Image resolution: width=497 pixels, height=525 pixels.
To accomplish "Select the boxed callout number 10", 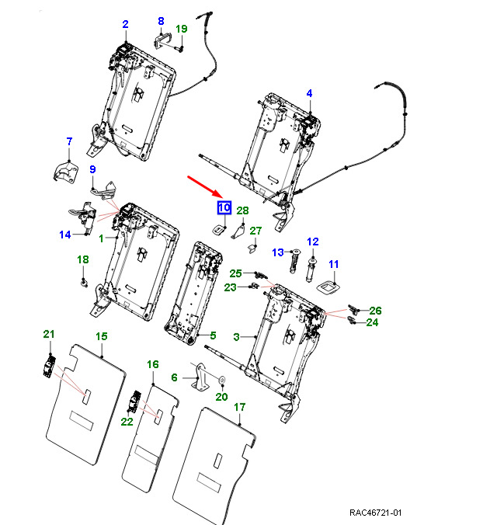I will pyautogui.click(x=224, y=207).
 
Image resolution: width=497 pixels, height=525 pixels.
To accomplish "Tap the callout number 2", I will pyautogui.click(x=125, y=25).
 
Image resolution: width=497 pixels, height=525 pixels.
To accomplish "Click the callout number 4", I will pyautogui.click(x=309, y=93).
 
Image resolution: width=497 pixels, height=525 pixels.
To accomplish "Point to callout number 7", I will pyautogui.click(x=68, y=141).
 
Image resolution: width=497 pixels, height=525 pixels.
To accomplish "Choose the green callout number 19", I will pyautogui.click(x=181, y=30).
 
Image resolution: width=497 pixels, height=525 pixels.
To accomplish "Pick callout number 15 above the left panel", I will pyautogui.click(x=101, y=336).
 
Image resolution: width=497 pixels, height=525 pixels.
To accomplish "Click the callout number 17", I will pyautogui.click(x=240, y=407).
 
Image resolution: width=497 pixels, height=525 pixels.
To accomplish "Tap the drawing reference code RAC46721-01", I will pyautogui.click(x=375, y=513).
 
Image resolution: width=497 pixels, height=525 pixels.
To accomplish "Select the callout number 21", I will pyautogui.click(x=49, y=334).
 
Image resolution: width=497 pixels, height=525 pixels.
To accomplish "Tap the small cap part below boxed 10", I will pyautogui.click(x=221, y=229).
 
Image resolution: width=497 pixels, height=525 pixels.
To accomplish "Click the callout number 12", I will pyautogui.click(x=313, y=242).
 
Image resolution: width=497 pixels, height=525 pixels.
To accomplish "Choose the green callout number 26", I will pyautogui.click(x=376, y=311).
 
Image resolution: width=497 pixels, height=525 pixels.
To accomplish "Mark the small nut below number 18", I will pyautogui.click(x=84, y=281).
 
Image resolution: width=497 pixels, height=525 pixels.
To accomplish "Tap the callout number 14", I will pyautogui.click(x=65, y=234).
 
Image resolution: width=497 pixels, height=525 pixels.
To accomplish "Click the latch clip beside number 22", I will pyautogui.click(x=134, y=402).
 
